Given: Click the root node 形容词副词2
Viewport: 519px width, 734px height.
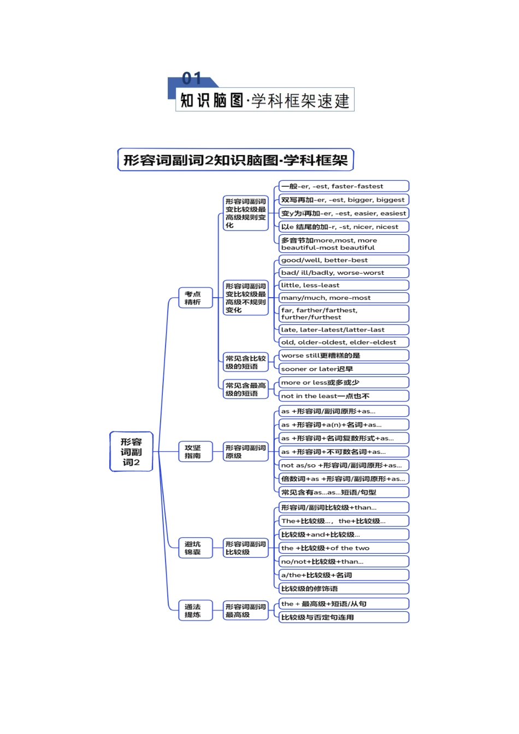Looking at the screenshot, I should tap(131, 452).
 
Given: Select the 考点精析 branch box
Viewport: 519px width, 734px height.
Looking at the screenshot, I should tap(195, 298).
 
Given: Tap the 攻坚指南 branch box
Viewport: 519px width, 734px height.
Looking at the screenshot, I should tap(195, 452).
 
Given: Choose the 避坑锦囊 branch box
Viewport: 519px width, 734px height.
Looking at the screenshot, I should tap(195, 548).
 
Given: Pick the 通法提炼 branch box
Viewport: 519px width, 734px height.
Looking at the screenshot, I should tap(195, 611).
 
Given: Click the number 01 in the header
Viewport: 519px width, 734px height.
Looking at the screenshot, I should tap(192, 79).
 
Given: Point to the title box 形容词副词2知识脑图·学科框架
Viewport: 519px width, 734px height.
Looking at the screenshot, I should tap(235, 160).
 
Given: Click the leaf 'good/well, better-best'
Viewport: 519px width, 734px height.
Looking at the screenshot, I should tap(344, 261).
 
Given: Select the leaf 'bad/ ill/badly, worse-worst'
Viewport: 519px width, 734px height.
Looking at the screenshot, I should tap(344, 273).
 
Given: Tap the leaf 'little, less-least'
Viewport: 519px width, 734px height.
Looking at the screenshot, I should tap(344, 286).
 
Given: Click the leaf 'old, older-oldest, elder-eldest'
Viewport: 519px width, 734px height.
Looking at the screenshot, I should tap(344, 342).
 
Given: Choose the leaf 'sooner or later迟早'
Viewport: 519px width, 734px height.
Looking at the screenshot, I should tap(344, 369).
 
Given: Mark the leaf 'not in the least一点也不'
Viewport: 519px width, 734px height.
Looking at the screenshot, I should tap(344, 396).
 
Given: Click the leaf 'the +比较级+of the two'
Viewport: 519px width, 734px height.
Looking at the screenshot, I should tap(344, 548).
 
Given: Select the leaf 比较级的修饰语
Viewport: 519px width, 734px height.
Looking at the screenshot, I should tap(344, 589).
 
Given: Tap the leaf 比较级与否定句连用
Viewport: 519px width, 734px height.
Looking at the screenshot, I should tap(344, 618).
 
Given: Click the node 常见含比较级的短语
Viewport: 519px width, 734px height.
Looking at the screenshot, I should tap(245, 363).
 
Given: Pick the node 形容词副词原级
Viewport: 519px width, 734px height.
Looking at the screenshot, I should tap(245, 452).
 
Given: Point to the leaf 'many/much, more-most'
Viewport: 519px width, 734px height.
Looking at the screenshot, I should tap(344, 298).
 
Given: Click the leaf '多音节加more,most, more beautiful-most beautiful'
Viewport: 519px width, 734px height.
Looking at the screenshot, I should tap(344, 244).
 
